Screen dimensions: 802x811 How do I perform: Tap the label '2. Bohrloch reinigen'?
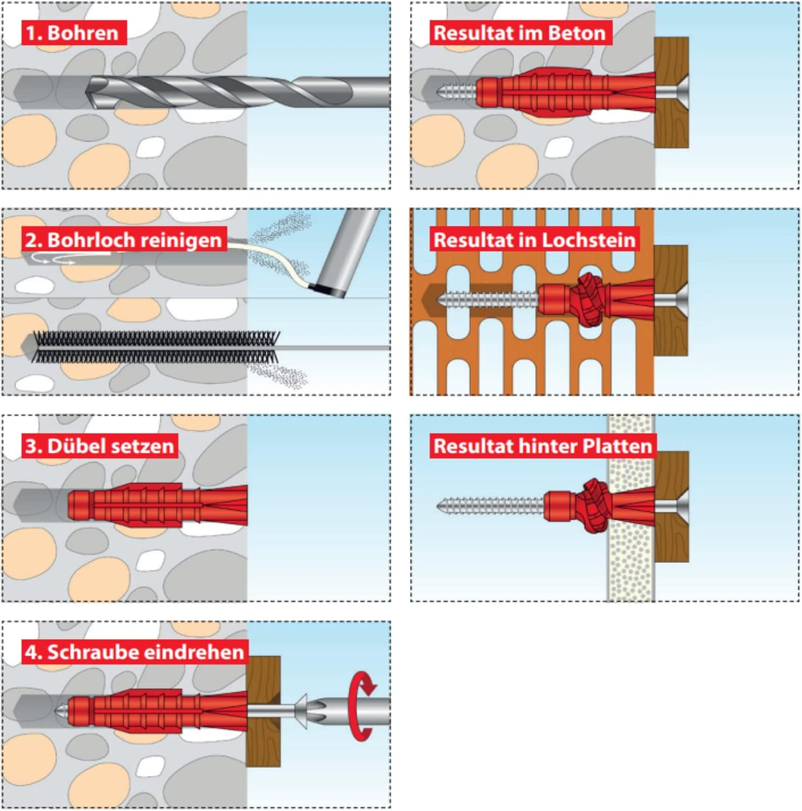point(124,240)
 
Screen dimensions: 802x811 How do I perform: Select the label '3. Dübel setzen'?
point(100,446)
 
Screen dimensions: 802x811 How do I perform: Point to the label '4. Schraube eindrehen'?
point(135,652)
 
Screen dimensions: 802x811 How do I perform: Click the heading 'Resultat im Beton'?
point(520,33)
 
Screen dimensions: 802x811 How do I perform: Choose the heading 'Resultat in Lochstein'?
point(535,240)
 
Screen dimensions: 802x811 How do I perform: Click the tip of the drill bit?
point(87,92)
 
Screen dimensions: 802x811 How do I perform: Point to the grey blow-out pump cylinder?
point(347,252)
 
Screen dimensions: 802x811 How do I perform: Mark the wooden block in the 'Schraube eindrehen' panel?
point(264,712)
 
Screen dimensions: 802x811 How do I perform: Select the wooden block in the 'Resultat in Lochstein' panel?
point(671,301)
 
